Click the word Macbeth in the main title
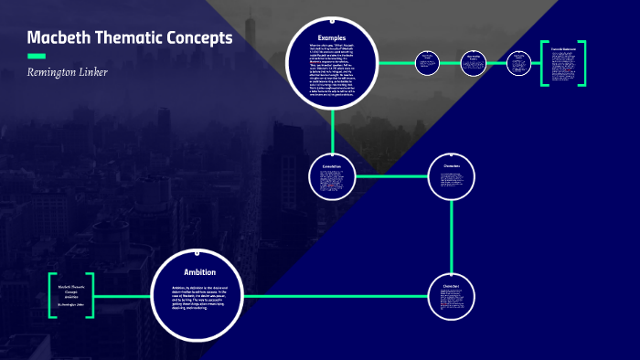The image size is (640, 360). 57,38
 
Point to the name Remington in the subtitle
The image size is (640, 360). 60,72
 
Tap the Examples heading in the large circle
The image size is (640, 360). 332,37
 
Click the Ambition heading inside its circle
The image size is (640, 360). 199,272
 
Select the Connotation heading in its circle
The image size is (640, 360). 331,165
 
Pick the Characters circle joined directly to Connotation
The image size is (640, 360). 452,175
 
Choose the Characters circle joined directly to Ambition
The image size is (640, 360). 452,295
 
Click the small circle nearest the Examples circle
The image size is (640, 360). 426,62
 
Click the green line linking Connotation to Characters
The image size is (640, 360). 391,175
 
